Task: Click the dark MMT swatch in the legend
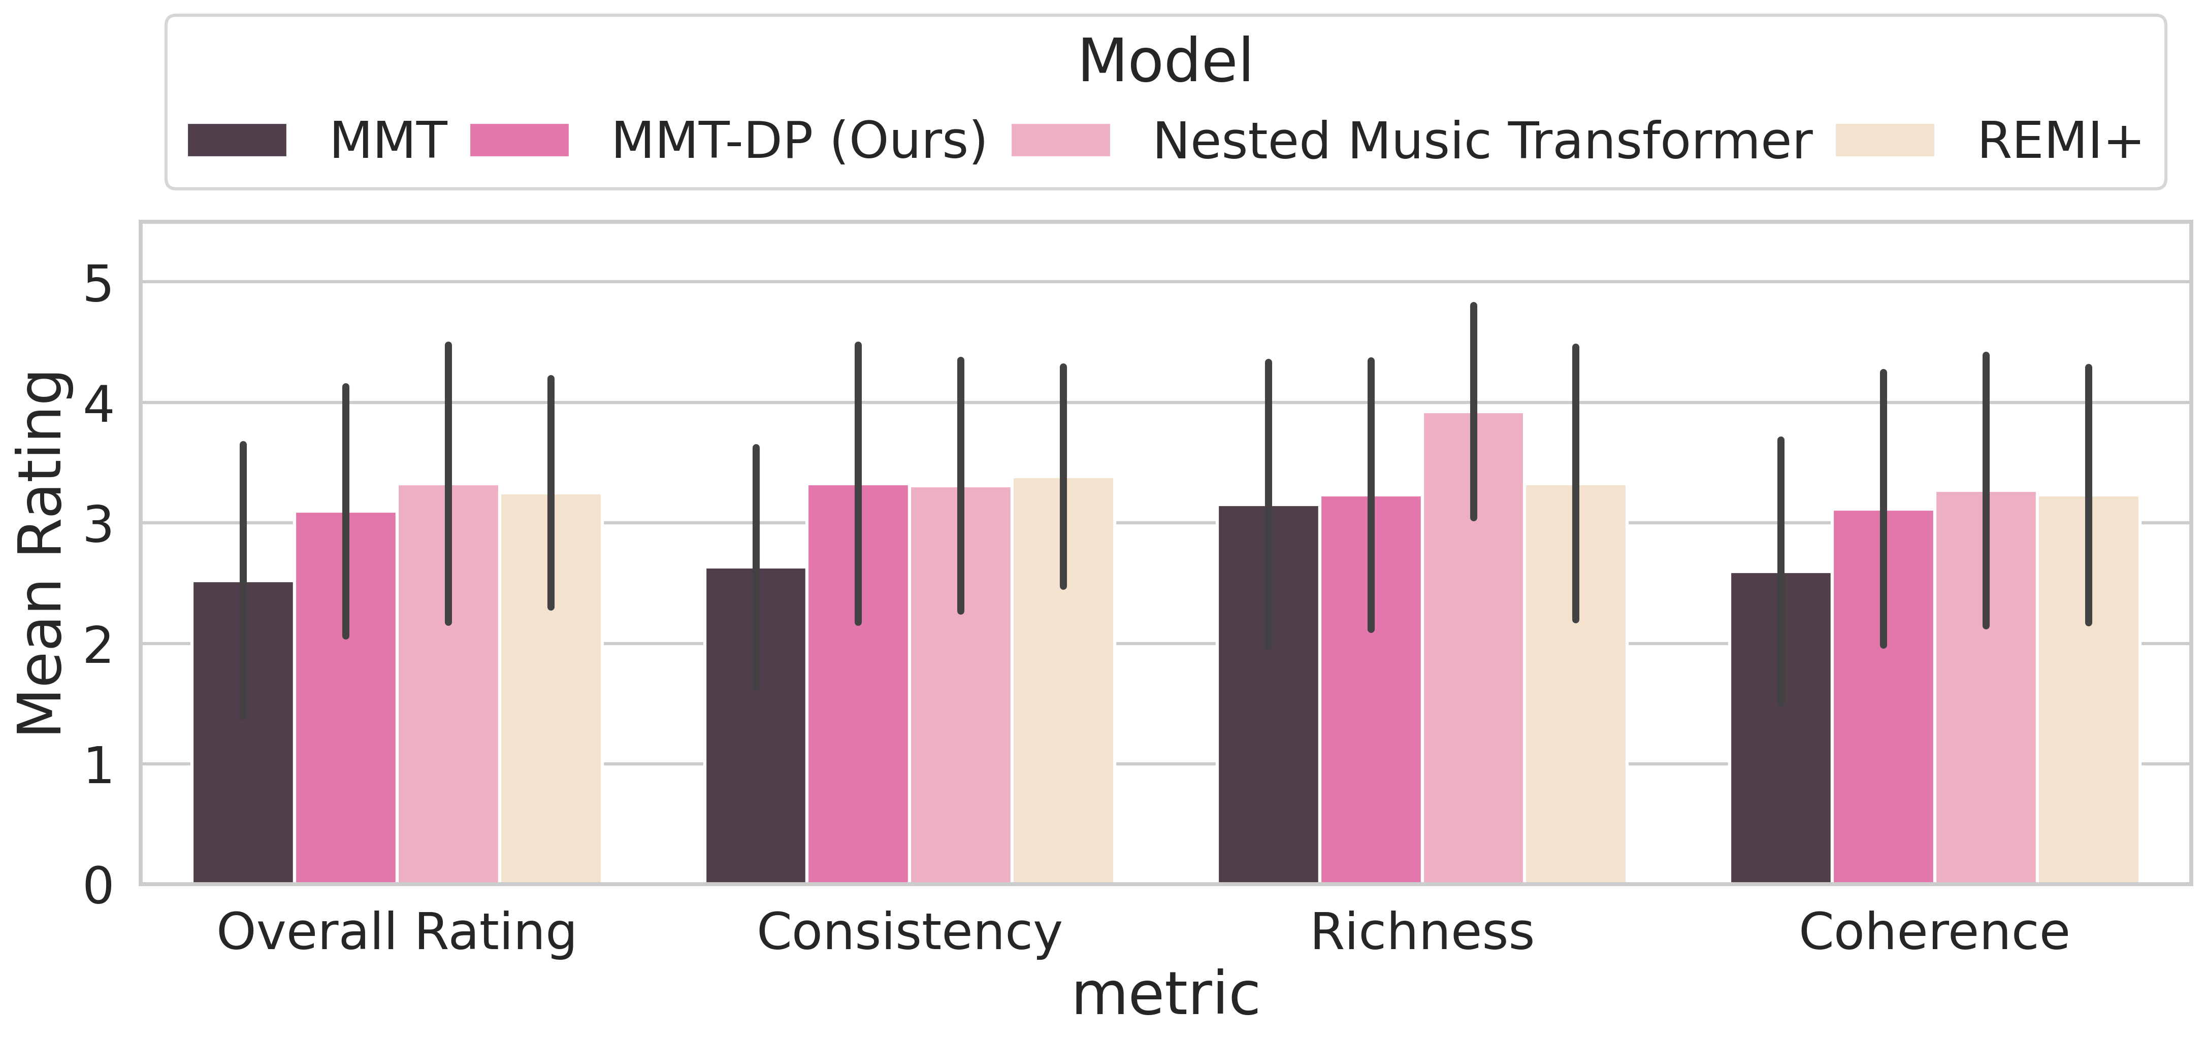point(237,141)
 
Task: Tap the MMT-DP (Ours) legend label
point(799,141)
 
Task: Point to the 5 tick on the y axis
point(99,283)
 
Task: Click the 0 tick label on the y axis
point(99,886)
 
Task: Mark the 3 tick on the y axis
point(99,524)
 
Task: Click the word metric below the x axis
point(1165,995)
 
